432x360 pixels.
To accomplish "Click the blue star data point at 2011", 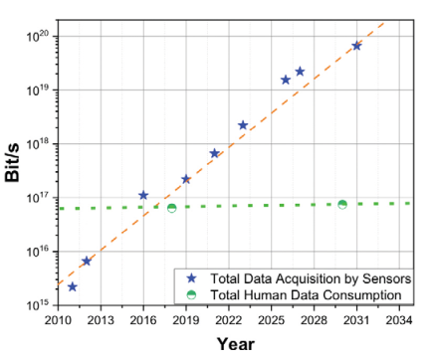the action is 73,286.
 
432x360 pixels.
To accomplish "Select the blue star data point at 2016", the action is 143,195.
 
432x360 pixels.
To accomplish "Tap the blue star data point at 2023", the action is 243,125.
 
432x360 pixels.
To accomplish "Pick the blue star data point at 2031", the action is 356,46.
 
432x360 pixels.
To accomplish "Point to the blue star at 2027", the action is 300,72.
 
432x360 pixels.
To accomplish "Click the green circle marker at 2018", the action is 172,208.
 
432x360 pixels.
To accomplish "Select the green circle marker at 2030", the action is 342,205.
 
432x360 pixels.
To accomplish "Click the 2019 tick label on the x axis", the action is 186,320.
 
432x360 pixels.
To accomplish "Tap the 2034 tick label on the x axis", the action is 399,320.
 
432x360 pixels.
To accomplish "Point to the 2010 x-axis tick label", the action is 58,320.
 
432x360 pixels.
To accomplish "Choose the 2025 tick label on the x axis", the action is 272,320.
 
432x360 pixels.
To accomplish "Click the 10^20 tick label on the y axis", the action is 38,36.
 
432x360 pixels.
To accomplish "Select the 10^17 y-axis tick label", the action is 38,197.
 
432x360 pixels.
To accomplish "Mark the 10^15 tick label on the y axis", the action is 38,304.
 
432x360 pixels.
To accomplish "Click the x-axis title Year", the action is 236,344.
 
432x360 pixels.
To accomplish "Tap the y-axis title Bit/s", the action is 13,163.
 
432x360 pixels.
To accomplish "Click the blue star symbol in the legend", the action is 191,278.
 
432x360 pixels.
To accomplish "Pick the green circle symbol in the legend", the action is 191,294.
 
